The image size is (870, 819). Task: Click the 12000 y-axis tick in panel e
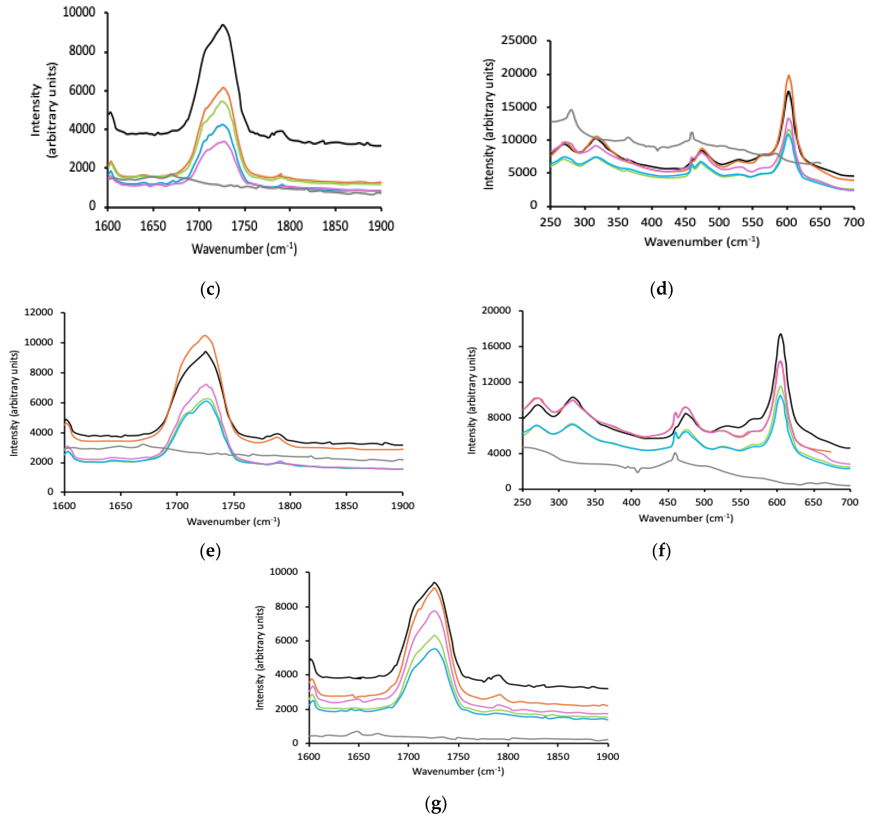click(38, 312)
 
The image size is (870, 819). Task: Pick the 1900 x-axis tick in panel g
click(608, 756)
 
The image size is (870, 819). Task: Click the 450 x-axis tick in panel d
click(685, 222)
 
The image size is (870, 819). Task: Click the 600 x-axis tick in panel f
click(777, 502)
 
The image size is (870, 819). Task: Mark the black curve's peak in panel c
click(223, 25)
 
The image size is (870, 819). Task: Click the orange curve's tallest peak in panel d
click(789, 75)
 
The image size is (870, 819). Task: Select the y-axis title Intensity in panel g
click(260, 657)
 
